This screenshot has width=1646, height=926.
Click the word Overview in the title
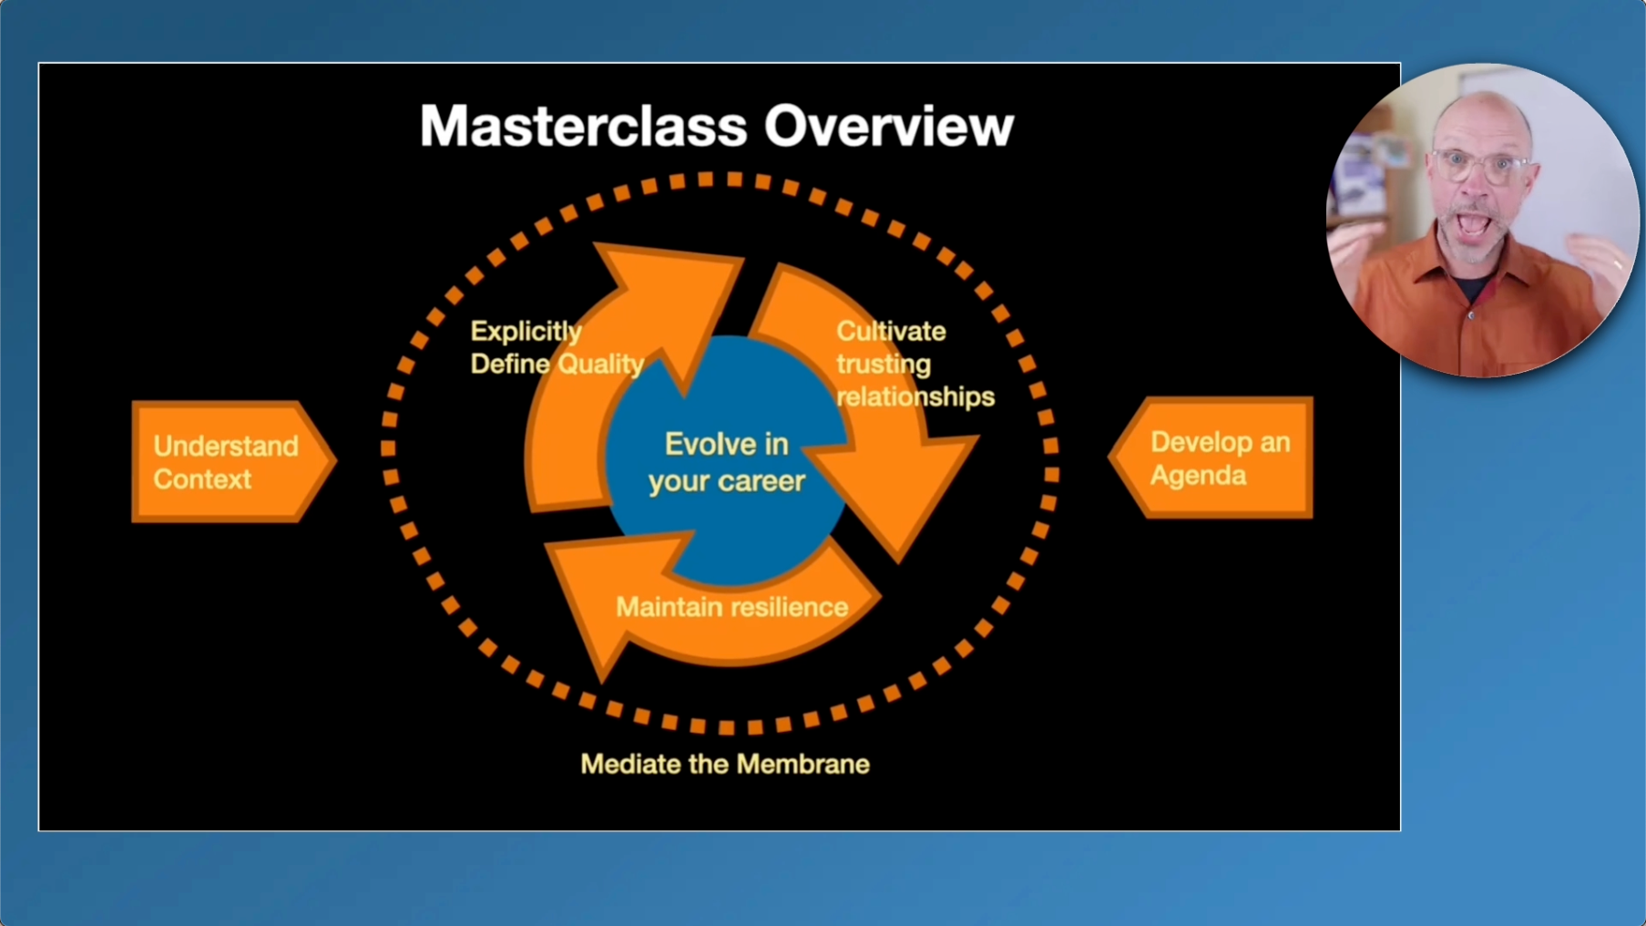888,126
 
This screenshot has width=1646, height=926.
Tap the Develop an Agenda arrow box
1213,458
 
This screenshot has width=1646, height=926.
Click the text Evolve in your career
726,462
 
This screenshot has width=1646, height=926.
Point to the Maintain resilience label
731,607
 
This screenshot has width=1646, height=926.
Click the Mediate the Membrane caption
724,764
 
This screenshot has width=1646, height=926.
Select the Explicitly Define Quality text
556,347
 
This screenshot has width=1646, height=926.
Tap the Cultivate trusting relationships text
914,364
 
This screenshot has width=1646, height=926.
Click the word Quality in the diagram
600,364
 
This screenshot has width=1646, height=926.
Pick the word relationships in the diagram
915,396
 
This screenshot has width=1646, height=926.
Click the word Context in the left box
201,479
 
